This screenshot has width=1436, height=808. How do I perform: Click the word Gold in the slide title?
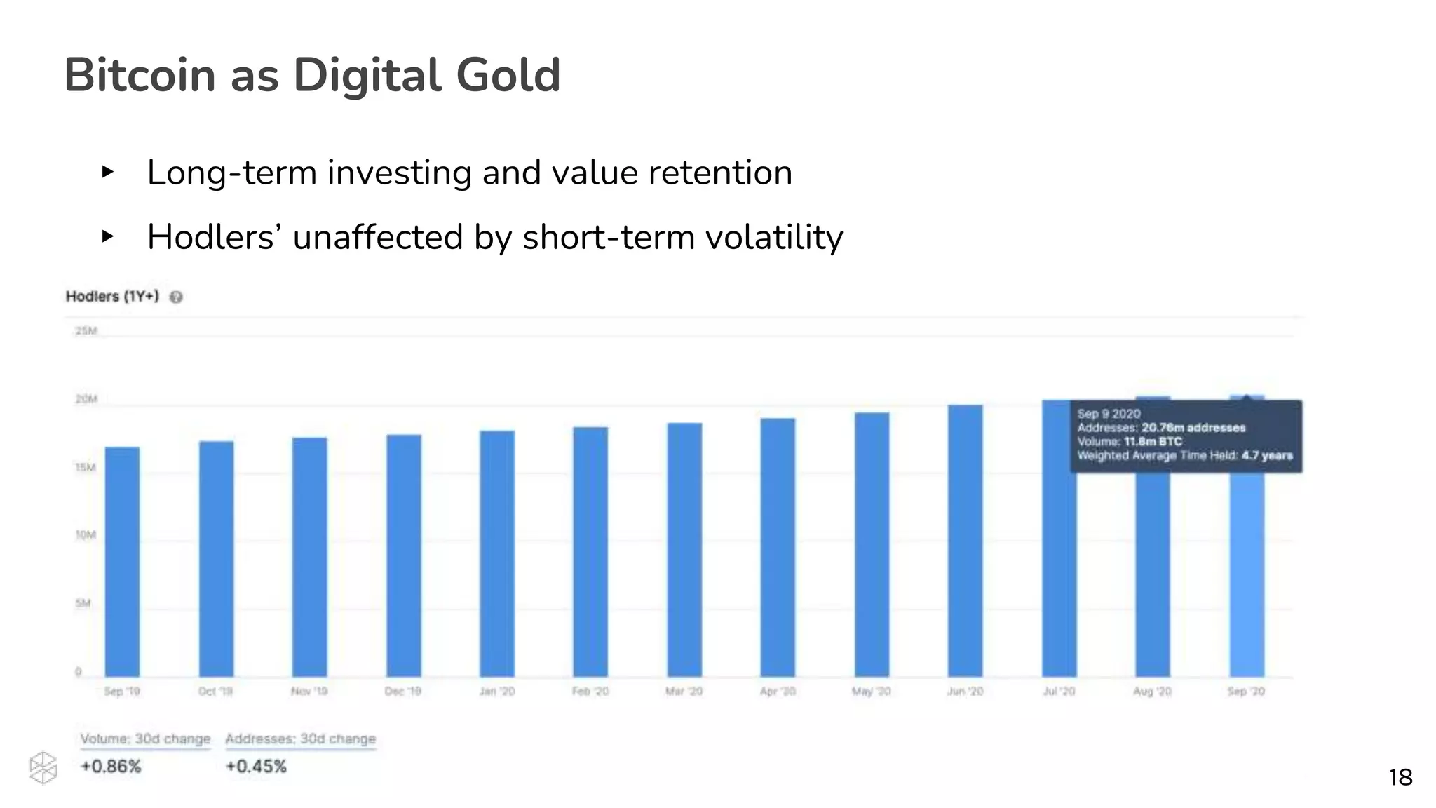508,75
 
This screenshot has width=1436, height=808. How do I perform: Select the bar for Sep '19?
122,561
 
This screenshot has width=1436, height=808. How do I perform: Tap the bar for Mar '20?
684,551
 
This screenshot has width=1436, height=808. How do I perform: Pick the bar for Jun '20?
966,540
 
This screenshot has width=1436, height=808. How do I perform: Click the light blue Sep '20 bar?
1247,575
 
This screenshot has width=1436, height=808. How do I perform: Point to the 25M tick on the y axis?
86,330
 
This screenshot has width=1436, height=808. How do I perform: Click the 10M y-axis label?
86,535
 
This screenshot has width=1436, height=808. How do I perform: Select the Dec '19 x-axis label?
402,692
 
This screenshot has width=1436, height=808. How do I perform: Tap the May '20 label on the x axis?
871,692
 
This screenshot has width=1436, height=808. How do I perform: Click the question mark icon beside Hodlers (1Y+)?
176,297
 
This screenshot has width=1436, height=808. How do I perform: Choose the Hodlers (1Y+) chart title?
112,297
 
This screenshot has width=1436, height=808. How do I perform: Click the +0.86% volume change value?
111,767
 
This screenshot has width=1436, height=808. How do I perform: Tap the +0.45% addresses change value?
256,767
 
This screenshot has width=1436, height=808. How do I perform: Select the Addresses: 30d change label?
300,739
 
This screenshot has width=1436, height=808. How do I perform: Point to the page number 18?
1400,777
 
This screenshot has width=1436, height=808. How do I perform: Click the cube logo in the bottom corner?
43,768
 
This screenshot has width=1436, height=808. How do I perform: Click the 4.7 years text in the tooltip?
1266,456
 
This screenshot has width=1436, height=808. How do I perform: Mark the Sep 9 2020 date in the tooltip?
1109,414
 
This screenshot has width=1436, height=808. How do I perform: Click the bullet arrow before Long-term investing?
107,172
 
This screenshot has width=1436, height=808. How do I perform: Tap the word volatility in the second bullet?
773,237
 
